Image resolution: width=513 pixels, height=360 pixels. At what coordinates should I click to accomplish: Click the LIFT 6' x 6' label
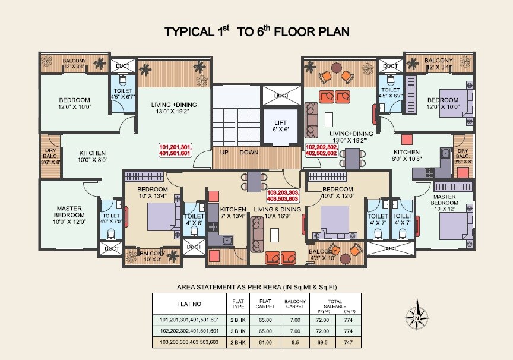[280, 125]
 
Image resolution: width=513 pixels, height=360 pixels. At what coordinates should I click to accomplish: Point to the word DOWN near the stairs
[249, 152]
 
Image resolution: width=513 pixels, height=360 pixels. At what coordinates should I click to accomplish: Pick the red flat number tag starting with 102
[322, 150]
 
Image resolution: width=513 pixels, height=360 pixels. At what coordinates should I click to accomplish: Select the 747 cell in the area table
[349, 342]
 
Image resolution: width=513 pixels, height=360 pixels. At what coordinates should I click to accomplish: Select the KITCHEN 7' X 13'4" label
[233, 213]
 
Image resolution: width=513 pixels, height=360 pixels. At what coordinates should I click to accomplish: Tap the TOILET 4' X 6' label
[194, 220]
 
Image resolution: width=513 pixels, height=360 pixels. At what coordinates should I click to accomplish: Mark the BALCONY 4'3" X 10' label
[322, 254]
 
